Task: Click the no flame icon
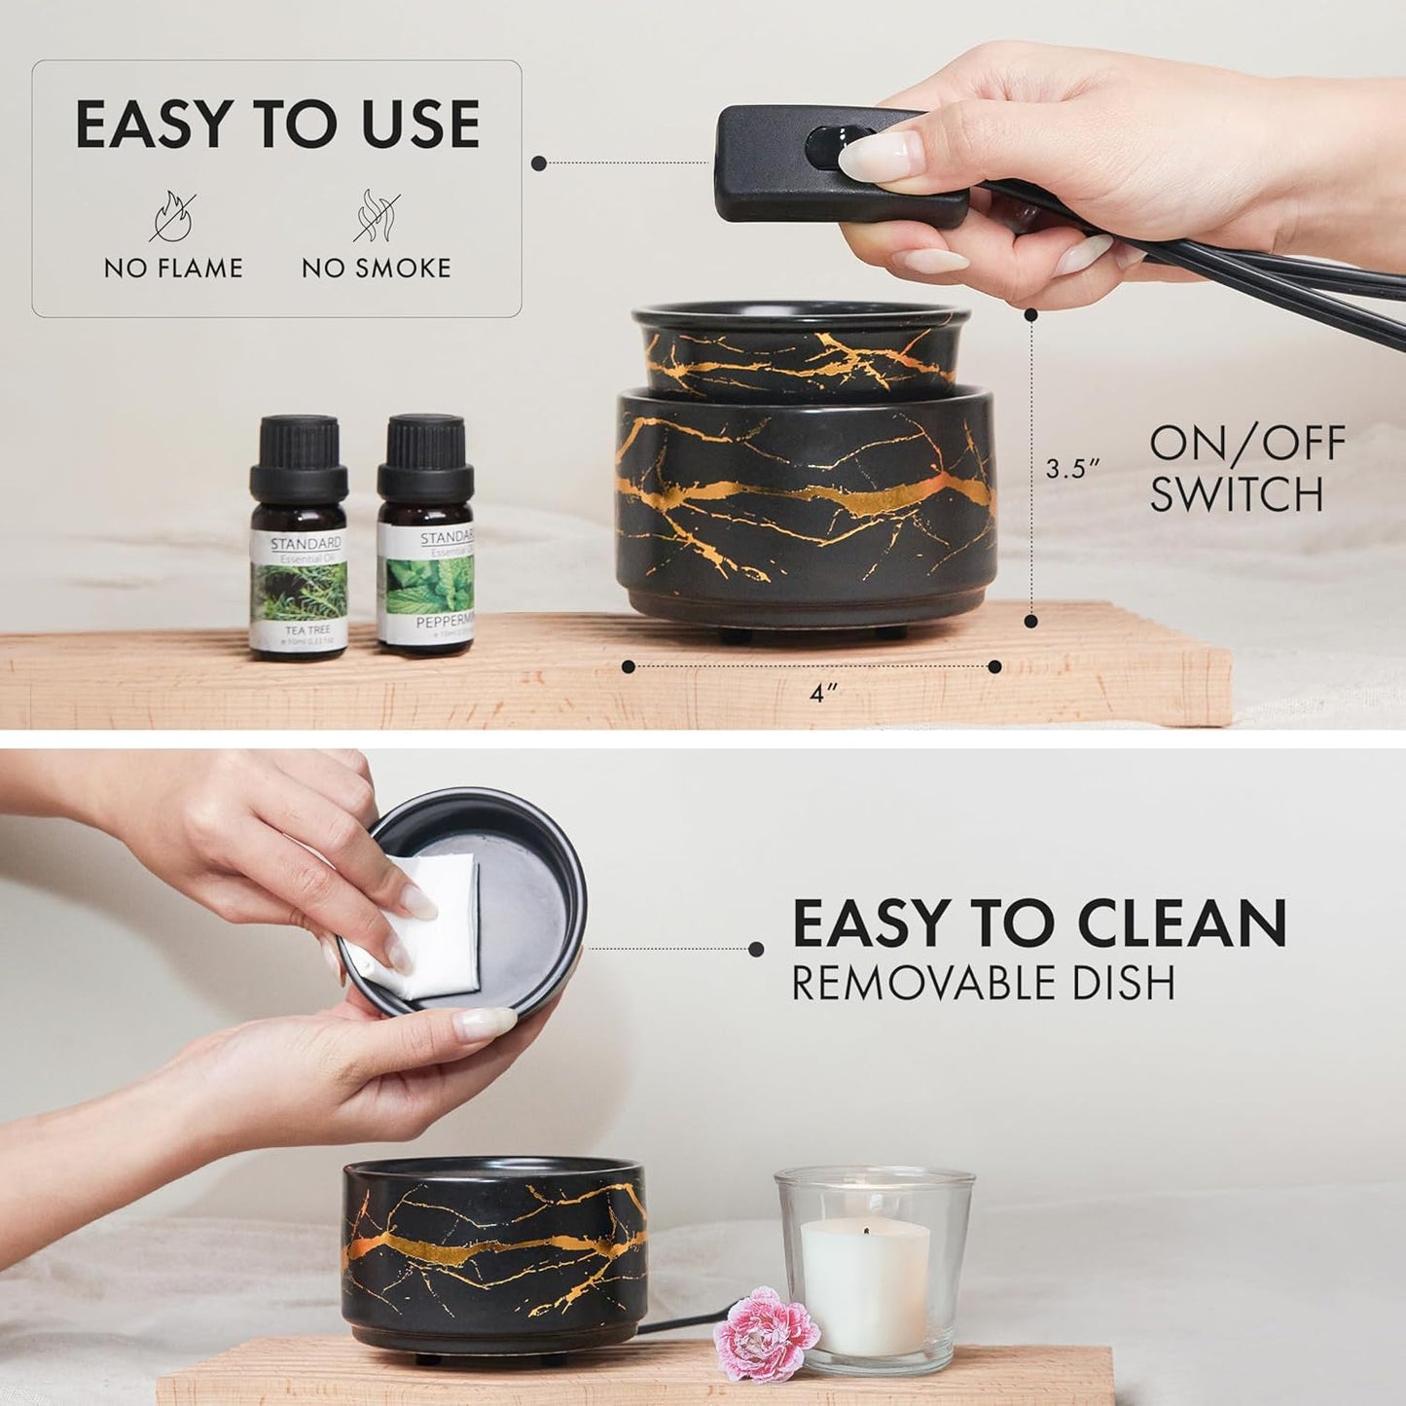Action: point(172,215)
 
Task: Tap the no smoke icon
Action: point(375,215)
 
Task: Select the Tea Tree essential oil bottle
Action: point(299,540)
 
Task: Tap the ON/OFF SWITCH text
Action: point(1247,468)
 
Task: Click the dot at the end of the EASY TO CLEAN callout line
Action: point(755,947)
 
